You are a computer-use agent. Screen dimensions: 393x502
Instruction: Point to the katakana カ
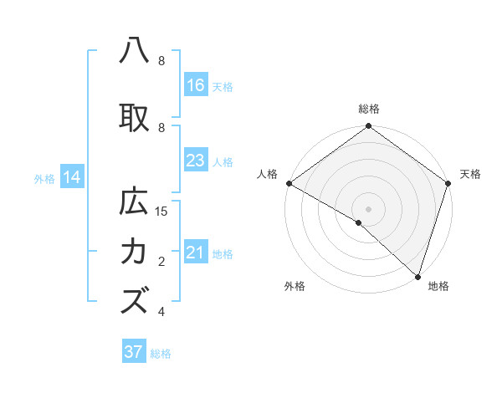tap(134, 251)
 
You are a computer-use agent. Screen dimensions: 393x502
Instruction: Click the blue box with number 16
tap(196, 84)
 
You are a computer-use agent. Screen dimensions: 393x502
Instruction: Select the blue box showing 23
tap(196, 161)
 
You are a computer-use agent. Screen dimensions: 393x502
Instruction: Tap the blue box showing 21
tap(196, 253)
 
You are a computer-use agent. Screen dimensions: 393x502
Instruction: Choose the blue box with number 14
tap(72, 177)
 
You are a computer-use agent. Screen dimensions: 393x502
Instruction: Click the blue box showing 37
tap(133, 352)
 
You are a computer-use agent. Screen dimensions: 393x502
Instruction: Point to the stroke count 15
tap(162, 212)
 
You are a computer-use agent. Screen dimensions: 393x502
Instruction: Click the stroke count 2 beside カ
tap(161, 262)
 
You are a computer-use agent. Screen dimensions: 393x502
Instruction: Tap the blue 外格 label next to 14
tap(44, 178)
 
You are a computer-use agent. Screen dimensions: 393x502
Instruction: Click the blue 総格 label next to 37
tap(161, 354)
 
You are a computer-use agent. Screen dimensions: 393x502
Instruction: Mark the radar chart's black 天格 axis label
tap(470, 174)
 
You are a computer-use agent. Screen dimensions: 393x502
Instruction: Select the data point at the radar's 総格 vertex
tap(368, 127)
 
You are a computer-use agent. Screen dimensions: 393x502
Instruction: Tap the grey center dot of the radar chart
tap(368, 208)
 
